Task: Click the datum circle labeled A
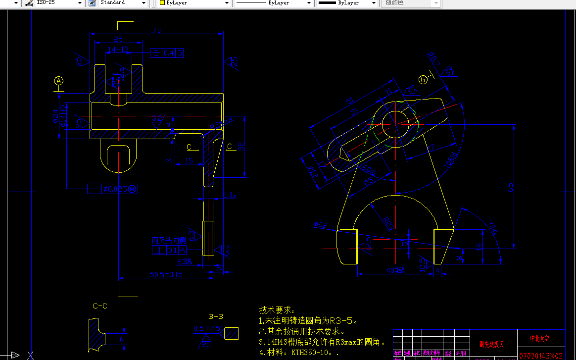59,80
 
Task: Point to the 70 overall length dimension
156,31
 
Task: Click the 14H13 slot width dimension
118,50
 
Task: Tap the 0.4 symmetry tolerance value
169,53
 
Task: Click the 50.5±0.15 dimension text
166,274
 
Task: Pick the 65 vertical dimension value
511,187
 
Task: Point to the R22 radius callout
388,222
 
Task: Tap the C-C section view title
100,306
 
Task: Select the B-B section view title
216,316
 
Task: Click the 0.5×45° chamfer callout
208,328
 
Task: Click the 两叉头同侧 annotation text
168,241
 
